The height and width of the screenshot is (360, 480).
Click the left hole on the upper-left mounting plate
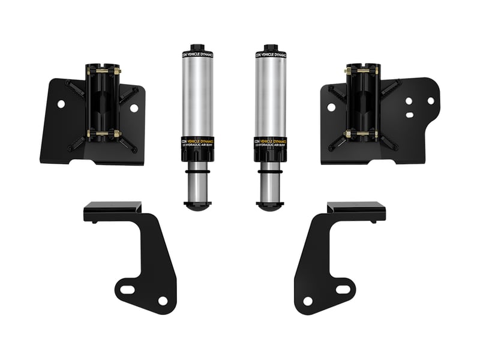coord(61,104)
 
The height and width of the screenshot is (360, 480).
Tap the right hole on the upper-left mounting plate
coord(134,108)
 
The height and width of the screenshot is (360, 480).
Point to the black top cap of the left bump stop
coord(197,48)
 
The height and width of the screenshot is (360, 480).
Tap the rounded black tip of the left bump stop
coord(197,206)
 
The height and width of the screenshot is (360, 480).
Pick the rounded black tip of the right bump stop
coord(269,206)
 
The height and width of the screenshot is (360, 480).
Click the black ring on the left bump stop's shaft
coord(197,174)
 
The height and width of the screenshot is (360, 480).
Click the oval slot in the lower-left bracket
coord(128,290)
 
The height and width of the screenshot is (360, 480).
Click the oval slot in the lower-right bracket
coord(343,290)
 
